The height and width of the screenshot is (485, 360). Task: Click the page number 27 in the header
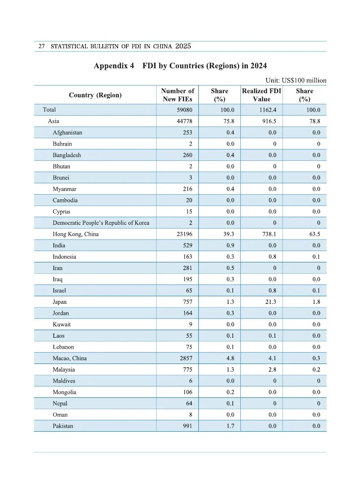[41, 46]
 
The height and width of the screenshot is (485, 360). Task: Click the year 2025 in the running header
[183, 46]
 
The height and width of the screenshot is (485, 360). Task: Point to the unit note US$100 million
[296, 80]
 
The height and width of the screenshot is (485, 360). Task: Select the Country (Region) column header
[95, 95]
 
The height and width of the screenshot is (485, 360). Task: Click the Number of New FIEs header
[177, 95]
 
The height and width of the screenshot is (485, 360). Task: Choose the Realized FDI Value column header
[261, 95]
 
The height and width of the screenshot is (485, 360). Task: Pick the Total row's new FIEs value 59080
[184, 110]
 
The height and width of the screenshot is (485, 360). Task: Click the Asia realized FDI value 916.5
[269, 121]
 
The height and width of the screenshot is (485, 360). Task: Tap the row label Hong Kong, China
[76, 234]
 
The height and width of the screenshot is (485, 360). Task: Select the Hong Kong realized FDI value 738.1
[269, 234]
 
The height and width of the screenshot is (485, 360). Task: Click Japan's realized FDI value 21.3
[271, 302]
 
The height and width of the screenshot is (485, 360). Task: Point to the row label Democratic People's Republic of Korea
[101, 223]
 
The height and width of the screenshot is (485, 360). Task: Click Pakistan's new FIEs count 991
[187, 426]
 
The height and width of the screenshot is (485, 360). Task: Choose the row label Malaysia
[63, 369]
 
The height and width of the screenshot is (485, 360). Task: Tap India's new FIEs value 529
[187, 245]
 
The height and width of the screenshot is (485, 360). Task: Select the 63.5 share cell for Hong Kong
[314, 234]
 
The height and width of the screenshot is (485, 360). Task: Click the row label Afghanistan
[67, 132]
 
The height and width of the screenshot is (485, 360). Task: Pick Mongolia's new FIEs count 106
[187, 392]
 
